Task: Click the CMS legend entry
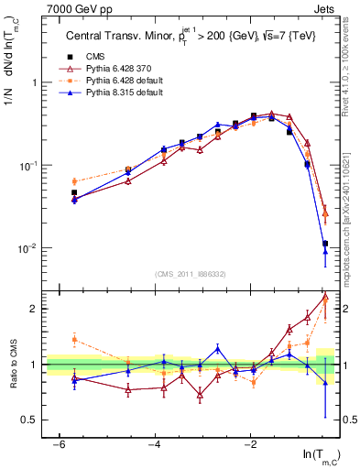click(x=91, y=57)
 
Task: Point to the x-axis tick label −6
click(x=58, y=444)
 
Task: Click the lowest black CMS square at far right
click(x=325, y=244)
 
